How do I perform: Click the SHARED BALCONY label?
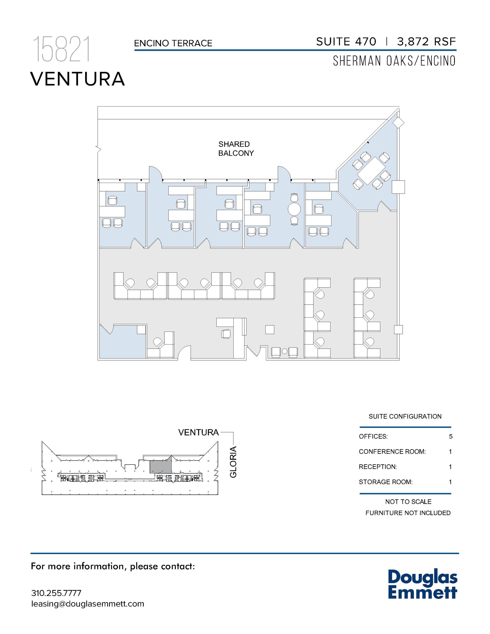point(236,149)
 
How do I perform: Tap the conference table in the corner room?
point(370,171)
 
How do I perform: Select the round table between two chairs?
point(294,210)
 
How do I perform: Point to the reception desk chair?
point(226,334)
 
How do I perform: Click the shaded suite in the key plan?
point(160,466)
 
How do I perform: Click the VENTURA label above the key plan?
point(198,432)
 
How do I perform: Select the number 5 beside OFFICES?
point(450,436)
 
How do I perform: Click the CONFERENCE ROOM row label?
point(392,452)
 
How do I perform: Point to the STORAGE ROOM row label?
point(385,482)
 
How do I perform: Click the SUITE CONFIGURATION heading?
point(405,416)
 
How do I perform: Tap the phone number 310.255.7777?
point(56,593)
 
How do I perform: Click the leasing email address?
point(88,604)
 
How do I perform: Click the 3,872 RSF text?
point(426,41)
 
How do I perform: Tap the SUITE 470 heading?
point(346,41)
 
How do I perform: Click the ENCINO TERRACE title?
point(173,43)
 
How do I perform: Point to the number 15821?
point(62,49)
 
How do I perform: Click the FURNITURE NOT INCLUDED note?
point(408,513)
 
